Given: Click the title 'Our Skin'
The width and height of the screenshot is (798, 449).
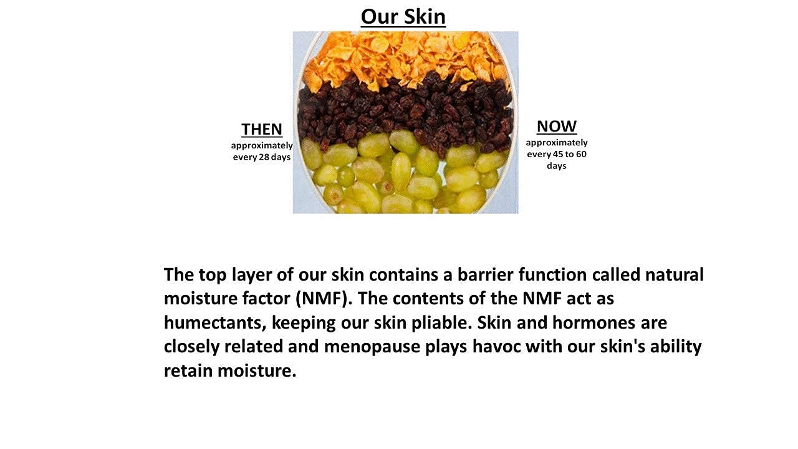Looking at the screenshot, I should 403,16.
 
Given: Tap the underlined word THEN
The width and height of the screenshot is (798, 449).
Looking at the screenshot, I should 262,129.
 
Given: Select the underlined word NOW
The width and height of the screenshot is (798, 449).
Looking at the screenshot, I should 556,126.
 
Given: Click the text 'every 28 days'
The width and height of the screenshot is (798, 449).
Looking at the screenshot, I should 262,157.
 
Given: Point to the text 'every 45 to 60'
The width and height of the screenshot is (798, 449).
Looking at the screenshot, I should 556,154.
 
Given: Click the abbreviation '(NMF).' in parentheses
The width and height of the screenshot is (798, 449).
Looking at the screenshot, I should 324,299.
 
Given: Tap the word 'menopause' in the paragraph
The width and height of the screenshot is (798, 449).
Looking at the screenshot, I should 365,347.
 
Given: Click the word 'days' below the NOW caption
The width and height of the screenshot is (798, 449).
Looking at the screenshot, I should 556,167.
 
